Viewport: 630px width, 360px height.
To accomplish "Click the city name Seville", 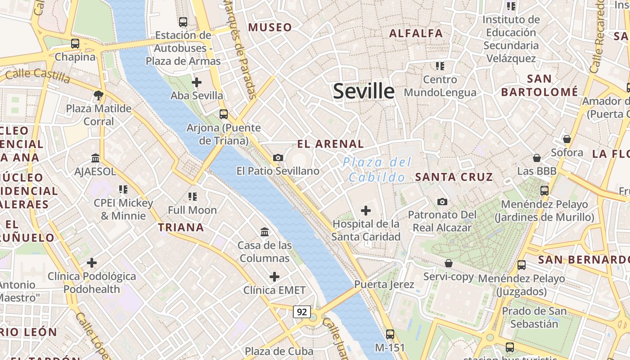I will coord(364,91).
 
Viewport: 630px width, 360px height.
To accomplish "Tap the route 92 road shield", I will coord(301,311).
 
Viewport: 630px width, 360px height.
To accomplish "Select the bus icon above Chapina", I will coord(75,44).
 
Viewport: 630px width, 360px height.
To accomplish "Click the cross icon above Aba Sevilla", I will coord(196,82).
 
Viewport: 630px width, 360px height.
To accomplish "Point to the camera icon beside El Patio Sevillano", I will coord(278,157).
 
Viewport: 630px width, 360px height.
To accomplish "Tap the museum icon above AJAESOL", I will coord(95,158).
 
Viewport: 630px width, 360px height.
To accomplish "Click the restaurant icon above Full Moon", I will coord(193,196).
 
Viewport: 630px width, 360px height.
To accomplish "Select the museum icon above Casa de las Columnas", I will coord(265,232).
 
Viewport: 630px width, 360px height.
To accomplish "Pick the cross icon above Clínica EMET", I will coord(274,276).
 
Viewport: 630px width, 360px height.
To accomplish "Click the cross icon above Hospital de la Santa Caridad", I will coord(366,210).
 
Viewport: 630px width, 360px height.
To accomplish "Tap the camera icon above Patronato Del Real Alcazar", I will coord(442,202).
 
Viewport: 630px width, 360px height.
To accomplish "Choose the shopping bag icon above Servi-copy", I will coord(448,263).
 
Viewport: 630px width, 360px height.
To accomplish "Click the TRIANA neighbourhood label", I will coord(181,228).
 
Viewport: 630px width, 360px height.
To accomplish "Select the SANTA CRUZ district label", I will coord(454,177).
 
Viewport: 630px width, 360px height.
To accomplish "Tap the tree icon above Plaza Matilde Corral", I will coord(99,95).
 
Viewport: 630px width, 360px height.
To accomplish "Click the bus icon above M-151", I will coord(390,334).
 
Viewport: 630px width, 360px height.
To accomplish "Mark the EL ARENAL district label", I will coord(330,144).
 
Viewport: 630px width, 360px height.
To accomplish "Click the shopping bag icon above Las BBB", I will coord(536,158).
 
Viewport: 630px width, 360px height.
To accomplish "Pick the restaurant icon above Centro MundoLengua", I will coord(440,66).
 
